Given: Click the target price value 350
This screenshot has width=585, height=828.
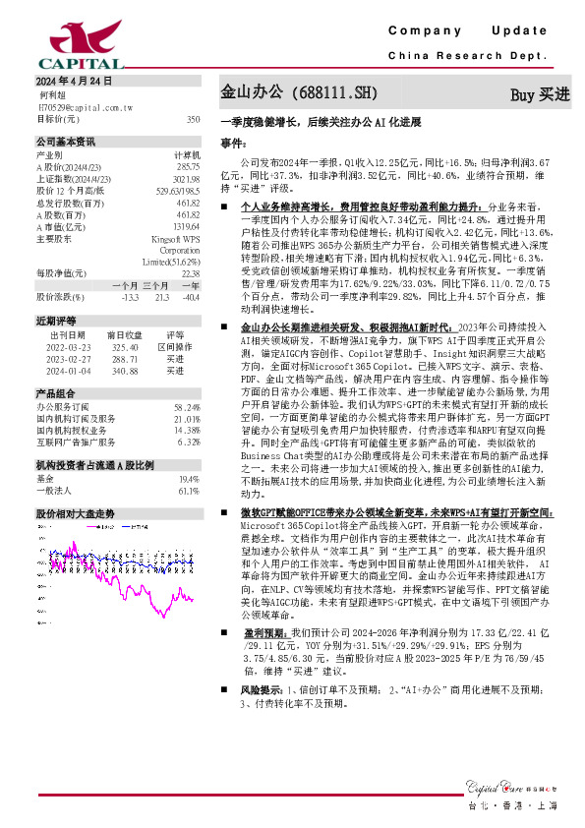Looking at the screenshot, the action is (x=193, y=118).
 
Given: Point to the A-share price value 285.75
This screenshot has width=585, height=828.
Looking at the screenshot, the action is (x=188, y=166).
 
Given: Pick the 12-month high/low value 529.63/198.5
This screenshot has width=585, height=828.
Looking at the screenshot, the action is (x=178, y=191).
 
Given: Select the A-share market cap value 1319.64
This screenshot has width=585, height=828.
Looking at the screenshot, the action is (x=187, y=226).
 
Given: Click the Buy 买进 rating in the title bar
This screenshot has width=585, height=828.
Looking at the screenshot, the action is (x=540, y=95).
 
